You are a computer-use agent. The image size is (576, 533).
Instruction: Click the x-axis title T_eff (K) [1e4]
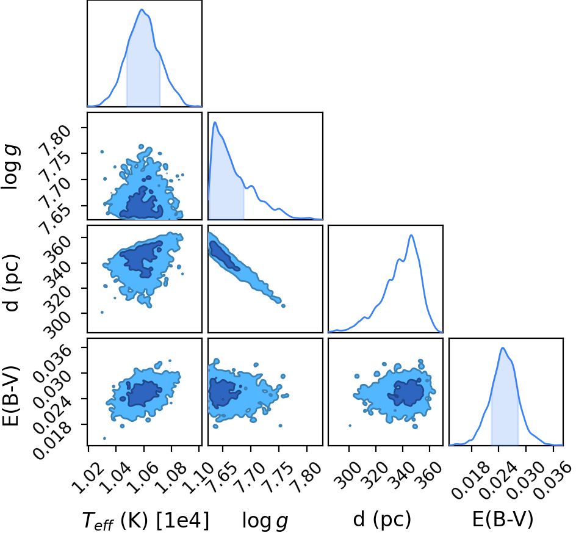tap(145, 521)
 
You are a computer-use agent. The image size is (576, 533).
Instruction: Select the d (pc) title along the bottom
tap(382, 520)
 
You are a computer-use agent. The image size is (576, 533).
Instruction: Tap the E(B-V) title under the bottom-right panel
tap(503, 520)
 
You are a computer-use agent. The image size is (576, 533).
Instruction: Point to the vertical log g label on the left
tap(11, 167)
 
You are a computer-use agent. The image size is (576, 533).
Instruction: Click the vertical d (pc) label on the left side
tap(11, 282)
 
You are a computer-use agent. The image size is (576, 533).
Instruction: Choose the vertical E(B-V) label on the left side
tap(11, 396)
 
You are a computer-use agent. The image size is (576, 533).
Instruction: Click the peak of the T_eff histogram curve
tap(142, 9)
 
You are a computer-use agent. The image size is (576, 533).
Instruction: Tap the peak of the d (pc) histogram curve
tap(411, 235)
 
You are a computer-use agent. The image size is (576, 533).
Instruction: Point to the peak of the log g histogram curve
tap(215, 122)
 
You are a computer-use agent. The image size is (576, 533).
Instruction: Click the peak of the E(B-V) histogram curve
tap(502, 348)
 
